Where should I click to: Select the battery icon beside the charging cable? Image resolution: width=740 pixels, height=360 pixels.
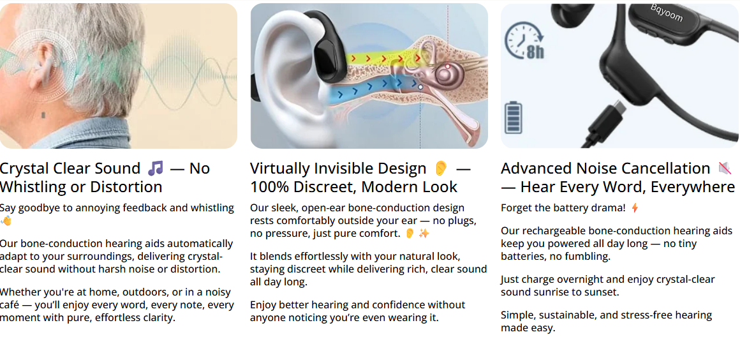pyautogui.click(x=514, y=118)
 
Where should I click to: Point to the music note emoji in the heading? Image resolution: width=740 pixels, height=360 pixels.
pyautogui.click(x=155, y=168)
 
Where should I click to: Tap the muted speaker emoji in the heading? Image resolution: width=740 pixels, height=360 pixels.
pyautogui.click(x=724, y=168)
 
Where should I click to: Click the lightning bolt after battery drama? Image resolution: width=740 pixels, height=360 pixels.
pyautogui.click(x=635, y=208)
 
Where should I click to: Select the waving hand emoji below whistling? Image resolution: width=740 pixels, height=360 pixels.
pyautogui.click(x=6, y=221)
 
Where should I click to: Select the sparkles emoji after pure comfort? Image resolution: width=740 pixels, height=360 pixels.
pyautogui.click(x=424, y=234)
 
